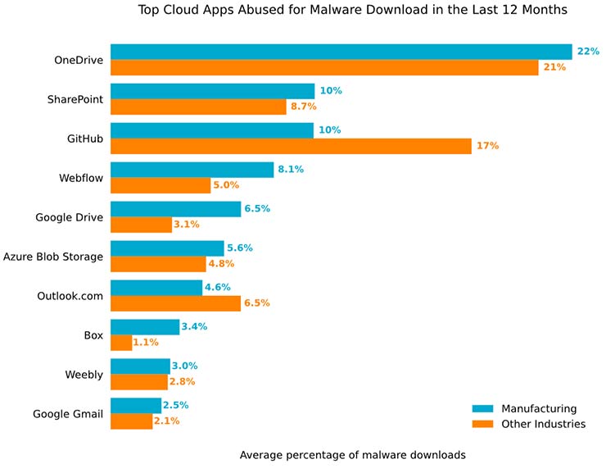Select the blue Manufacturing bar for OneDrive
[341, 52]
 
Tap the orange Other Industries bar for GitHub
[291, 146]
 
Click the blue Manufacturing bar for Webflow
[192, 170]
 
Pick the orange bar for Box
[121, 343]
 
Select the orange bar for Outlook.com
[175, 303]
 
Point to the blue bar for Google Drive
[175, 209]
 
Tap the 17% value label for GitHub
[487, 146]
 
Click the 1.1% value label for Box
[146, 343]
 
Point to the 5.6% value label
[240, 248]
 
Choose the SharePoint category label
[75, 99]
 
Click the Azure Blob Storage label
[53, 257]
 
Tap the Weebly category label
[84, 375]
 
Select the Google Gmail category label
[68, 414]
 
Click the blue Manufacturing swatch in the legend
[482, 408]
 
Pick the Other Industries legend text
[543, 424]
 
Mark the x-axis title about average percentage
[353, 454]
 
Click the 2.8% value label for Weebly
[182, 382]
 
